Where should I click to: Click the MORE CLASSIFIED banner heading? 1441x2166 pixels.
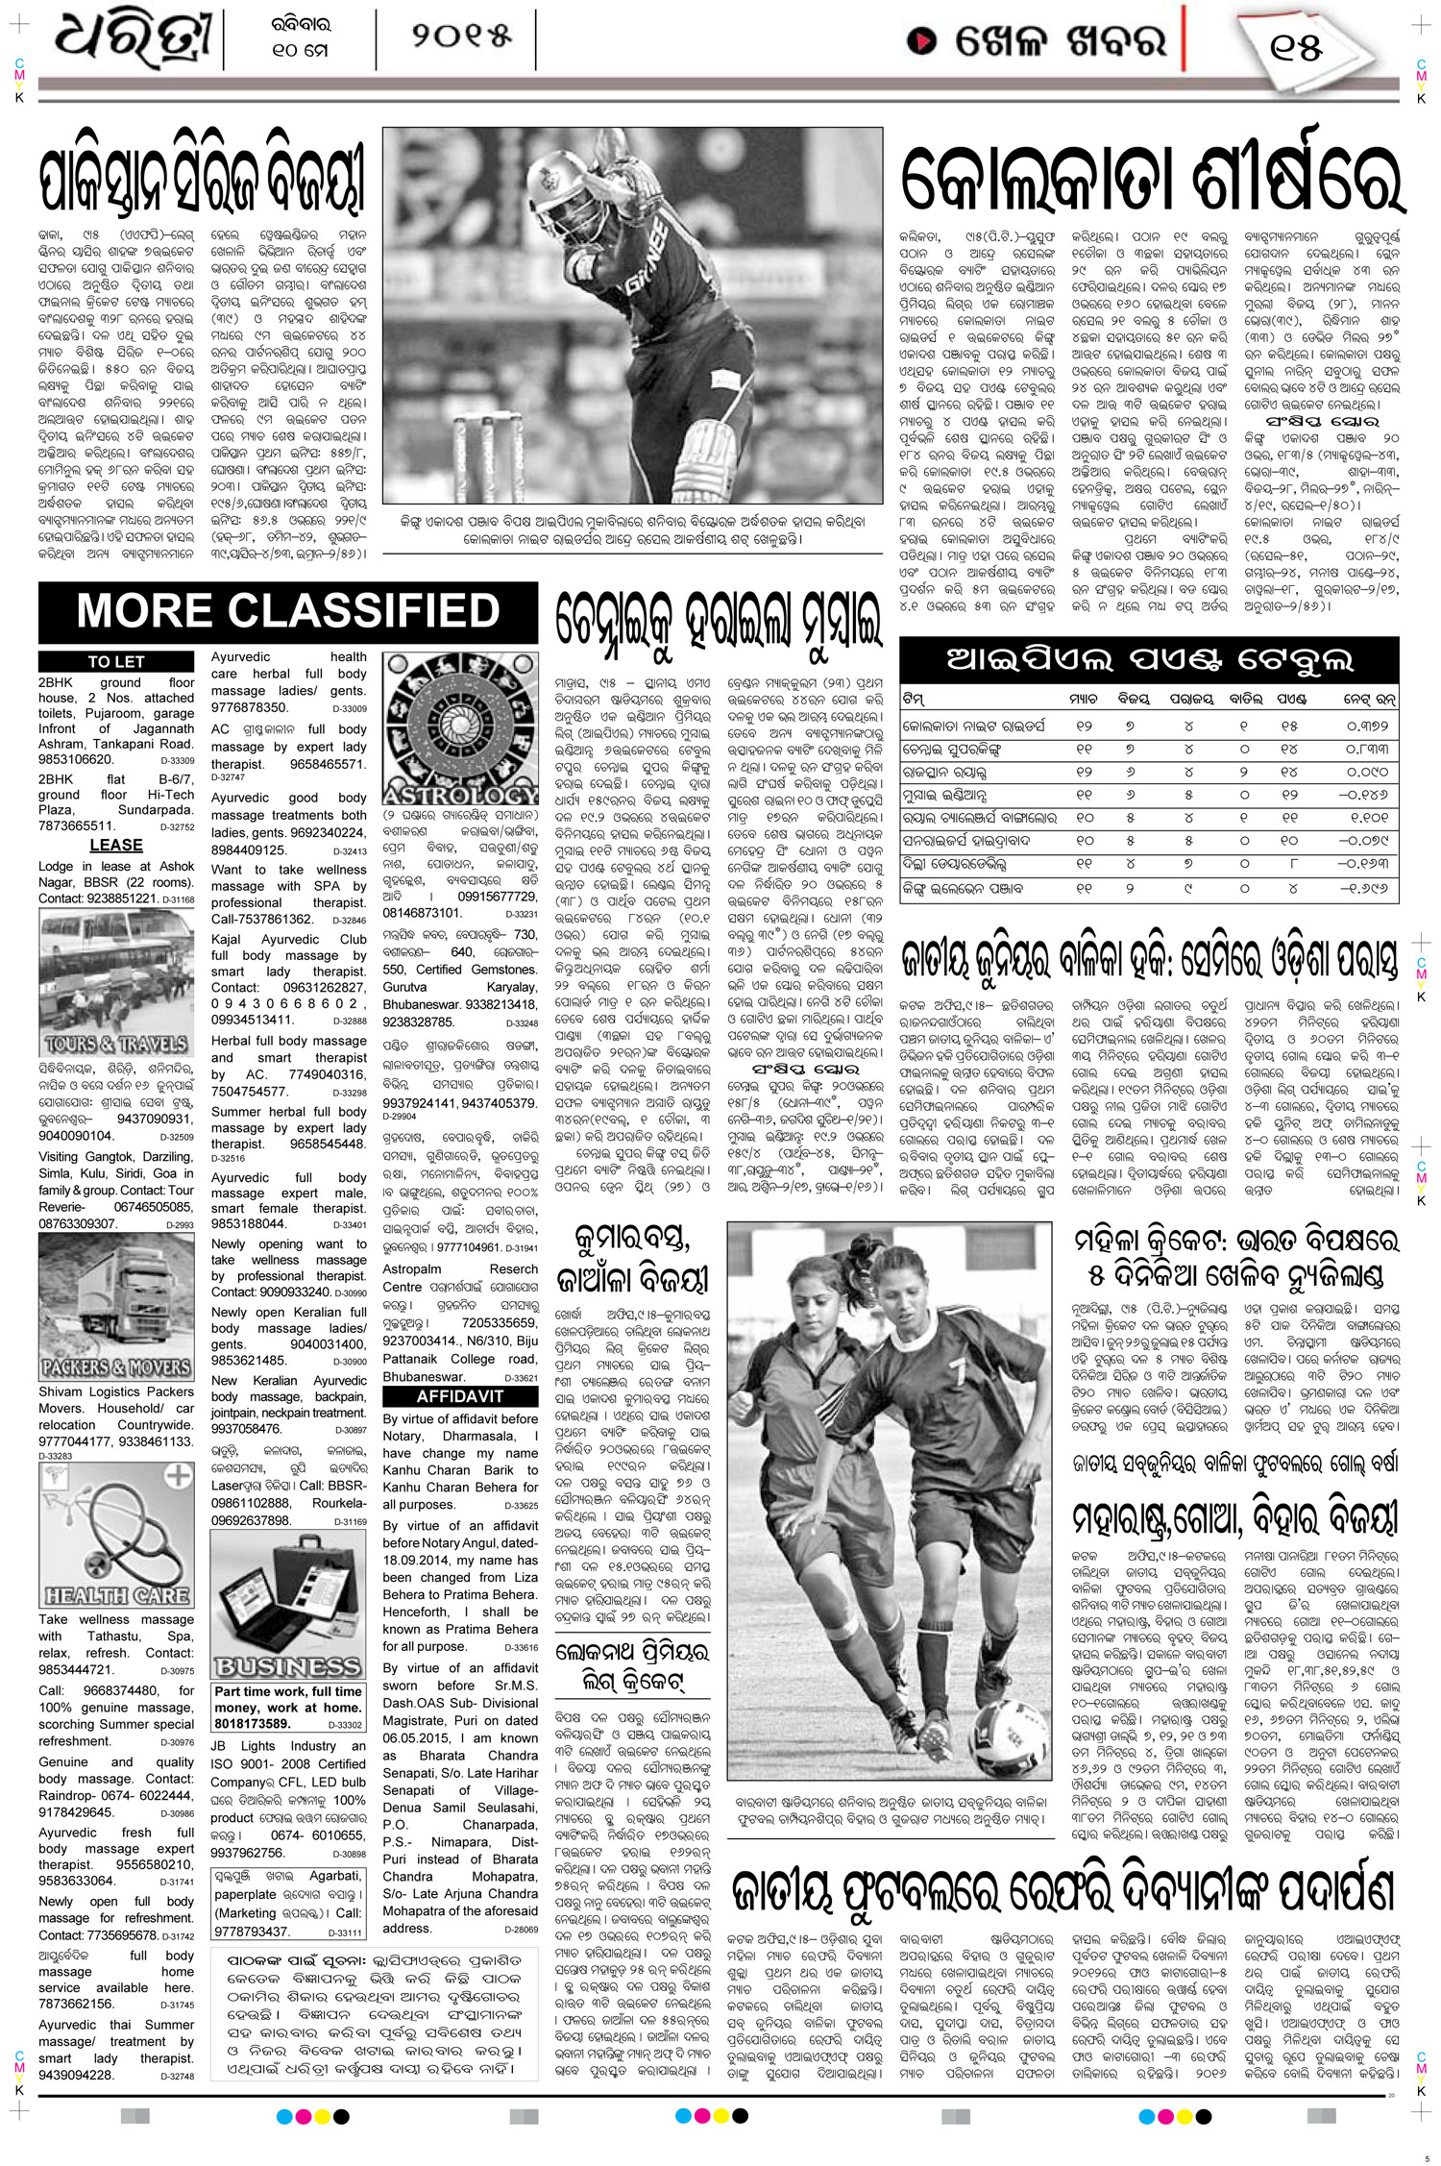287,611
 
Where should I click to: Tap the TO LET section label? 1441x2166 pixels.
115,661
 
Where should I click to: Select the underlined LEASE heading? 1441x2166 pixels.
116,845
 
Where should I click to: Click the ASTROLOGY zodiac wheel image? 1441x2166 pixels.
460,728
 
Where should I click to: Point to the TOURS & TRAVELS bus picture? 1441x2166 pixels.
116,982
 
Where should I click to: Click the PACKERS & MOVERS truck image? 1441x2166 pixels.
116,1305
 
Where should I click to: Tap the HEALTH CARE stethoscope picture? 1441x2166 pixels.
116,1535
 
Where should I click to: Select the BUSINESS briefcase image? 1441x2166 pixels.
287,1604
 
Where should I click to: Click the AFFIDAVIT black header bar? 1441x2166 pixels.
460,1396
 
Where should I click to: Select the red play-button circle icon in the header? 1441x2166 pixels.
922,41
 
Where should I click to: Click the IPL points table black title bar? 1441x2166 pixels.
1149,659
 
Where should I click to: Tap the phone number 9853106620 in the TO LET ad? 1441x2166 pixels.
76,759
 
